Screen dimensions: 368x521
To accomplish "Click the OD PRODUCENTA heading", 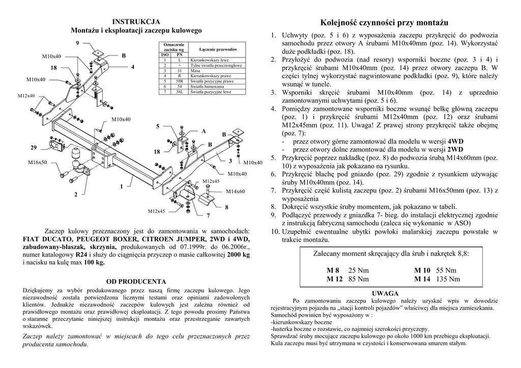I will [x=136, y=281].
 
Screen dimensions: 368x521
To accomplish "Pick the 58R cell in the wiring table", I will [x=180, y=81].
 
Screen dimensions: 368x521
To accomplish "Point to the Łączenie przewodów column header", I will [x=219, y=49].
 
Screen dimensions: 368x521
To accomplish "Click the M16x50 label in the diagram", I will [x=37, y=163].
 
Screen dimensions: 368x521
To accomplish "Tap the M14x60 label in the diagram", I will [x=236, y=191].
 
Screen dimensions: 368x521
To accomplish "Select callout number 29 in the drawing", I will [x=34, y=147].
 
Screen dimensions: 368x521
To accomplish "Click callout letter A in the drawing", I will [x=204, y=131].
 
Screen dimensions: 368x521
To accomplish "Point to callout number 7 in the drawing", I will [x=209, y=216].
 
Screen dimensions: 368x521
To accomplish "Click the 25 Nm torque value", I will [x=359, y=270].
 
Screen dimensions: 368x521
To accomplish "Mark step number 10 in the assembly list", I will [x=275, y=232].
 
